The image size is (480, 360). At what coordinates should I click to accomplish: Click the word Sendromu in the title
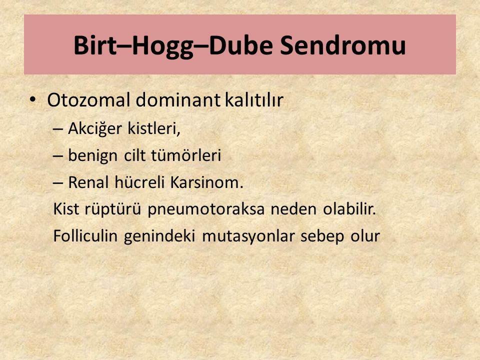(342, 45)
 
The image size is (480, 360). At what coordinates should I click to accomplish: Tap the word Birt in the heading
(95, 45)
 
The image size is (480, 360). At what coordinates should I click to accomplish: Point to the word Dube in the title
(240, 45)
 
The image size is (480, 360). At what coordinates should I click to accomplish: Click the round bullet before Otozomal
(33, 99)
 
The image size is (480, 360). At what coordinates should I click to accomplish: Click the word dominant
(178, 100)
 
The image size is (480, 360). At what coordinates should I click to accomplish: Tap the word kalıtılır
(254, 100)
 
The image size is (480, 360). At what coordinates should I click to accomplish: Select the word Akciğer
(95, 129)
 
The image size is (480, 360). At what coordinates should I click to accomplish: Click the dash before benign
(58, 155)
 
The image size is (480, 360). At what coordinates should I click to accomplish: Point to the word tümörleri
(186, 155)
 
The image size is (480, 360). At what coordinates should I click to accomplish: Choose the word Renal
(88, 182)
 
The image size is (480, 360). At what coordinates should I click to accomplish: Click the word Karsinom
(206, 182)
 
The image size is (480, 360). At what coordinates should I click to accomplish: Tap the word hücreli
(139, 182)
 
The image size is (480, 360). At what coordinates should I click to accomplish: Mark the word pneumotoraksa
(206, 210)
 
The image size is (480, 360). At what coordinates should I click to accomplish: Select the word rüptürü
(112, 210)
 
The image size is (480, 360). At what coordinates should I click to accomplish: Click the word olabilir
(349, 209)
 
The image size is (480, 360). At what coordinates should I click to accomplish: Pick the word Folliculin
(85, 236)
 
